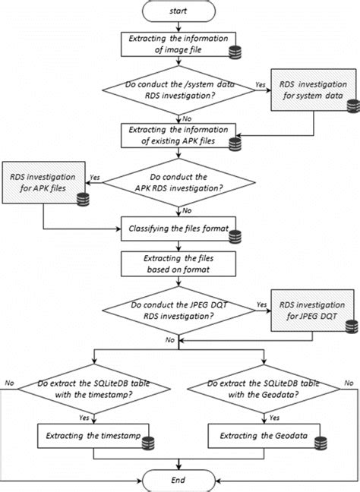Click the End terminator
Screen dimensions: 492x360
[179, 480]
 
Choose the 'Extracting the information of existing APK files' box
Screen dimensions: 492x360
[179, 134]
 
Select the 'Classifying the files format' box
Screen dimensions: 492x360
[179, 225]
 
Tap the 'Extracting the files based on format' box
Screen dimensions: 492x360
[179, 263]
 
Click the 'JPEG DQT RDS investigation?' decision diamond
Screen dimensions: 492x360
[179, 310]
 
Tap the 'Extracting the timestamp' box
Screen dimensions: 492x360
[93, 437]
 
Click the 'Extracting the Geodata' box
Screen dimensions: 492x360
[265, 437]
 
